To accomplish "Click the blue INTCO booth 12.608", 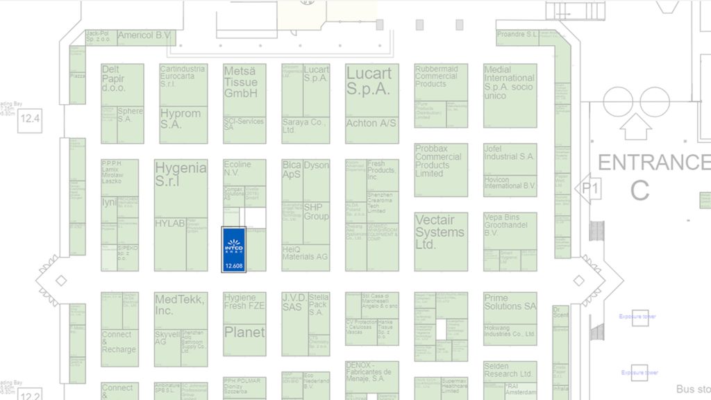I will [x=233, y=249].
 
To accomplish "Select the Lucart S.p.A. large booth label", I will [x=369, y=81].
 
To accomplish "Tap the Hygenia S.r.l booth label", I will [x=181, y=174].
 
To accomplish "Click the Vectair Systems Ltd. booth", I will [x=440, y=233].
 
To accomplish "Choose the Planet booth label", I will [x=244, y=333].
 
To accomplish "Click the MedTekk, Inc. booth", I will [x=179, y=305].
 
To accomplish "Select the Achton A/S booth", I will [x=371, y=123].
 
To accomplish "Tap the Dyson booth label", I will [x=317, y=166].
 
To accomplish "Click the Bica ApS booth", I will [x=292, y=171].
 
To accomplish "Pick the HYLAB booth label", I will [x=169, y=224].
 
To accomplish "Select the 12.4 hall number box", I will [x=30, y=119].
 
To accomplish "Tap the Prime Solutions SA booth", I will [x=510, y=302].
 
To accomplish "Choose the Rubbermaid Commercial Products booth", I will [x=441, y=76].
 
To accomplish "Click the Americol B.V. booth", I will [x=144, y=35].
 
